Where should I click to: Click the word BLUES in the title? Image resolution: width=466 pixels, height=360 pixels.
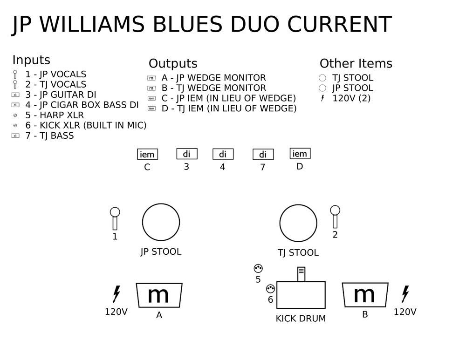[187, 24]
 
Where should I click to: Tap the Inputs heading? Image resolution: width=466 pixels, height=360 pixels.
[31, 60]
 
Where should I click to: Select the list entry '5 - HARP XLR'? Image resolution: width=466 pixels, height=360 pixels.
[55, 115]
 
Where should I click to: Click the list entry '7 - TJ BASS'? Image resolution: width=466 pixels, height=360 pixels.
[50, 136]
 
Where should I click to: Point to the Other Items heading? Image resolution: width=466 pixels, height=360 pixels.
[356, 63]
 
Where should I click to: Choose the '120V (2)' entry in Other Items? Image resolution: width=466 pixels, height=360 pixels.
[351, 98]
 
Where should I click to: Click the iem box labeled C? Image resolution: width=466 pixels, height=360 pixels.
[147, 155]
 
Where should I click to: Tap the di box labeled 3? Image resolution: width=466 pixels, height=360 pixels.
[187, 154]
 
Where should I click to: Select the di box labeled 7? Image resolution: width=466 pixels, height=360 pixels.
[263, 155]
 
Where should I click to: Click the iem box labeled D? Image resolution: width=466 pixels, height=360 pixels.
[300, 154]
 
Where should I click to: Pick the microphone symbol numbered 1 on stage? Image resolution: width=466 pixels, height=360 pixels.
[115, 218]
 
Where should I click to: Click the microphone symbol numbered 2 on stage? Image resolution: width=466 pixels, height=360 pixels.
[335, 217]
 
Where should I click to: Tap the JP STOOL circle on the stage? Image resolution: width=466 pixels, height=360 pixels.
[142, 222]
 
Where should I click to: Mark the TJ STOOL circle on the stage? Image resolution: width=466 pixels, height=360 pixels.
[280, 223]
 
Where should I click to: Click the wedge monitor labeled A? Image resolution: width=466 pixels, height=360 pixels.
[159, 295]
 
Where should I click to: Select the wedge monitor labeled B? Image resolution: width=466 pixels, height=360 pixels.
[365, 295]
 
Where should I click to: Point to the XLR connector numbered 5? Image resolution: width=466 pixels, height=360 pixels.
[258, 269]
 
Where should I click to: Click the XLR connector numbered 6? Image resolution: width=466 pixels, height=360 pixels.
[270, 289]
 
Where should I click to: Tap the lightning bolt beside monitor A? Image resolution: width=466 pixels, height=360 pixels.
[116, 294]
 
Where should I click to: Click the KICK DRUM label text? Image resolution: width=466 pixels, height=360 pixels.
[301, 319]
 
